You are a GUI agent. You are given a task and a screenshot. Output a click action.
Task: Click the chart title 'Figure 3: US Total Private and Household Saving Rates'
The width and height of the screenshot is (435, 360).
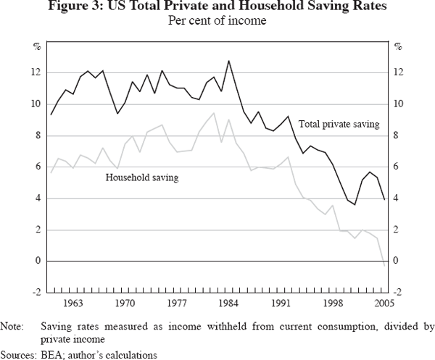217,8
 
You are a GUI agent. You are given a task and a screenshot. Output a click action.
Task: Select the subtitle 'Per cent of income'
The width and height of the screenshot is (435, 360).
217,21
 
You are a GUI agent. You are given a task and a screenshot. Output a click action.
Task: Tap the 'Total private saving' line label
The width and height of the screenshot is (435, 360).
339,125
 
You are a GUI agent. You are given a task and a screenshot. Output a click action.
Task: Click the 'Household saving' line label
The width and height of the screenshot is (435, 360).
142,176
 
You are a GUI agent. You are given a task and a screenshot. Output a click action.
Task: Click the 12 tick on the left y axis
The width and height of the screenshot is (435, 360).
36,72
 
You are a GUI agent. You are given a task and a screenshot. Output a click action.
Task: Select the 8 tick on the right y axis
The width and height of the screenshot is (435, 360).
397,135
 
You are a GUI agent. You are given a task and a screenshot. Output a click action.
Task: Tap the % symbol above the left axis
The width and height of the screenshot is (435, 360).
36,48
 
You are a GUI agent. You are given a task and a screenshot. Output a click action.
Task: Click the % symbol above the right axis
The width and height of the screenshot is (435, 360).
398,48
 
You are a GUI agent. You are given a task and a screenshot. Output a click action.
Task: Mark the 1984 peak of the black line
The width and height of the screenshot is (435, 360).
229,61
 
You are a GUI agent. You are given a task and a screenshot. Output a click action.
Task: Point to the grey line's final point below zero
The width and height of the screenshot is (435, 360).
384,266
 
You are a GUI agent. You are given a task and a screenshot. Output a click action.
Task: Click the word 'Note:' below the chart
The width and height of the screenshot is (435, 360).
12,326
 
